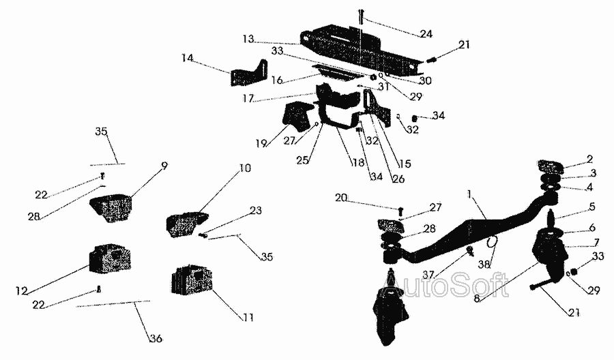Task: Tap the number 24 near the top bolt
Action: [x=426, y=34]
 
